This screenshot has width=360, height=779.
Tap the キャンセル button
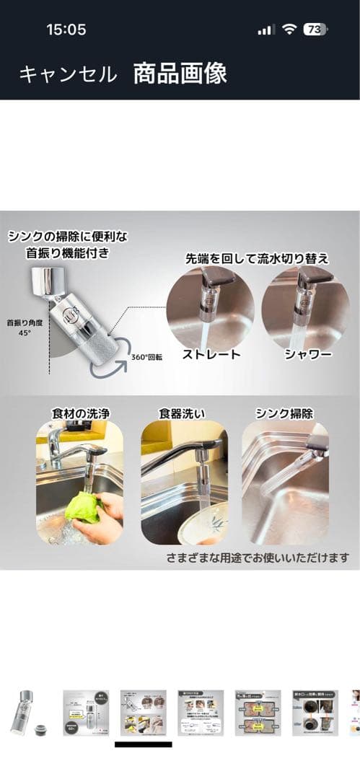point(68,74)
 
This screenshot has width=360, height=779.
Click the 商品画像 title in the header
point(180,73)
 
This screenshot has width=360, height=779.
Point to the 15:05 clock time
point(66,30)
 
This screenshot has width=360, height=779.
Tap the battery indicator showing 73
point(315,30)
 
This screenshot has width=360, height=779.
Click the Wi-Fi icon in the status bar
point(289,30)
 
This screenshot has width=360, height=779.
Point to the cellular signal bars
point(265,30)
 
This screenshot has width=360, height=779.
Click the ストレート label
point(211,355)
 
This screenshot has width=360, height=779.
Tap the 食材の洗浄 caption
point(79,414)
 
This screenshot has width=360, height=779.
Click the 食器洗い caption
point(184,414)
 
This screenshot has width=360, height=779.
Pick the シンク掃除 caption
point(285,414)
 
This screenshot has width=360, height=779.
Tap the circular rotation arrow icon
point(107,361)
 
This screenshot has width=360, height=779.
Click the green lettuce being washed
point(83,509)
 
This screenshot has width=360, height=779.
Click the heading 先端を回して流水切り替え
point(247,258)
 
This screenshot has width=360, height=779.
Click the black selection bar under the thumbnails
point(143,744)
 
